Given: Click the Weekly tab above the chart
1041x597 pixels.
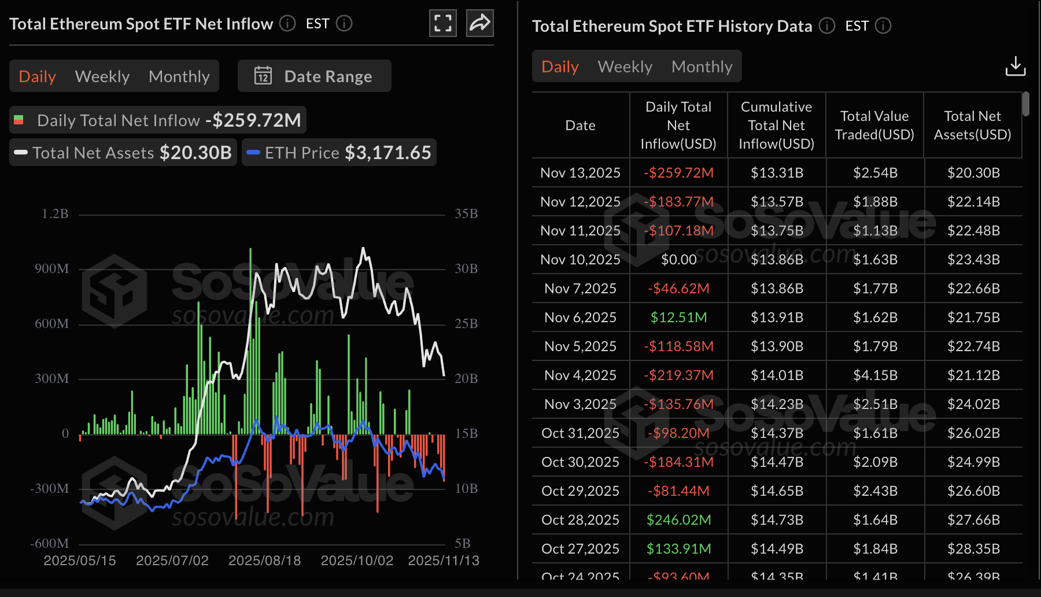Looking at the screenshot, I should click(x=102, y=76).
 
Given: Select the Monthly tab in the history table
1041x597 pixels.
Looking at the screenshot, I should click(x=702, y=67).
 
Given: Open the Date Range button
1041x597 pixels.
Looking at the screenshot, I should click(x=315, y=76).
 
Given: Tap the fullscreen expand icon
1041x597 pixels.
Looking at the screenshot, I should click(x=443, y=23).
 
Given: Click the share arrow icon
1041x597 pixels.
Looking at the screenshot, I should click(x=480, y=23).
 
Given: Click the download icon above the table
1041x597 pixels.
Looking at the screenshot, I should click(x=1015, y=66).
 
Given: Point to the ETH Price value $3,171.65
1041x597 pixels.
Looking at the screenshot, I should click(x=388, y=153).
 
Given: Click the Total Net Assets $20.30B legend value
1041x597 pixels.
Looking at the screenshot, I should click(x=195, y=153).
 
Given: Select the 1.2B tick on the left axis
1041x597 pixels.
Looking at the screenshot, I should click(x=55, y=214).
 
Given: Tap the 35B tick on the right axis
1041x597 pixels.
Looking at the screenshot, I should click(x=466, y=214).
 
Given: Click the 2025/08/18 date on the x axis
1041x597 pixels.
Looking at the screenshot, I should click(x=264, y=561).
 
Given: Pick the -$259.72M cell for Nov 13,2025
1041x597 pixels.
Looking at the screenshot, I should click(x=678, y=173).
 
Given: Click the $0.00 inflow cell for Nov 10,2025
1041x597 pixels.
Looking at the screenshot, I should click(x=678, y=260).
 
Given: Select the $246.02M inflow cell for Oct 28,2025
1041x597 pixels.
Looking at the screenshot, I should click(x=678, y=520).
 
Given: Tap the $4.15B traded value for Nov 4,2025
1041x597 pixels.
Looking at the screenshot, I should click(x=875, y=375).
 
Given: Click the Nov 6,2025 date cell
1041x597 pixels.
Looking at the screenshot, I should click(x=580, y=318).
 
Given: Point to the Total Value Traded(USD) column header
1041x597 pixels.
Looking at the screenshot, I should click(x=874, y=125).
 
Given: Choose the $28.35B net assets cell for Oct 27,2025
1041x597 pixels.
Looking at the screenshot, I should click(x=973, y=549).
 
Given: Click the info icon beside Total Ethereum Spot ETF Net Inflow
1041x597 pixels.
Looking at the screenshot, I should click(x=287, y=23).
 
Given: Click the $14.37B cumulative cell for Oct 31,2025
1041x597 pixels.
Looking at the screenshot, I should click(x=777, y=433).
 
